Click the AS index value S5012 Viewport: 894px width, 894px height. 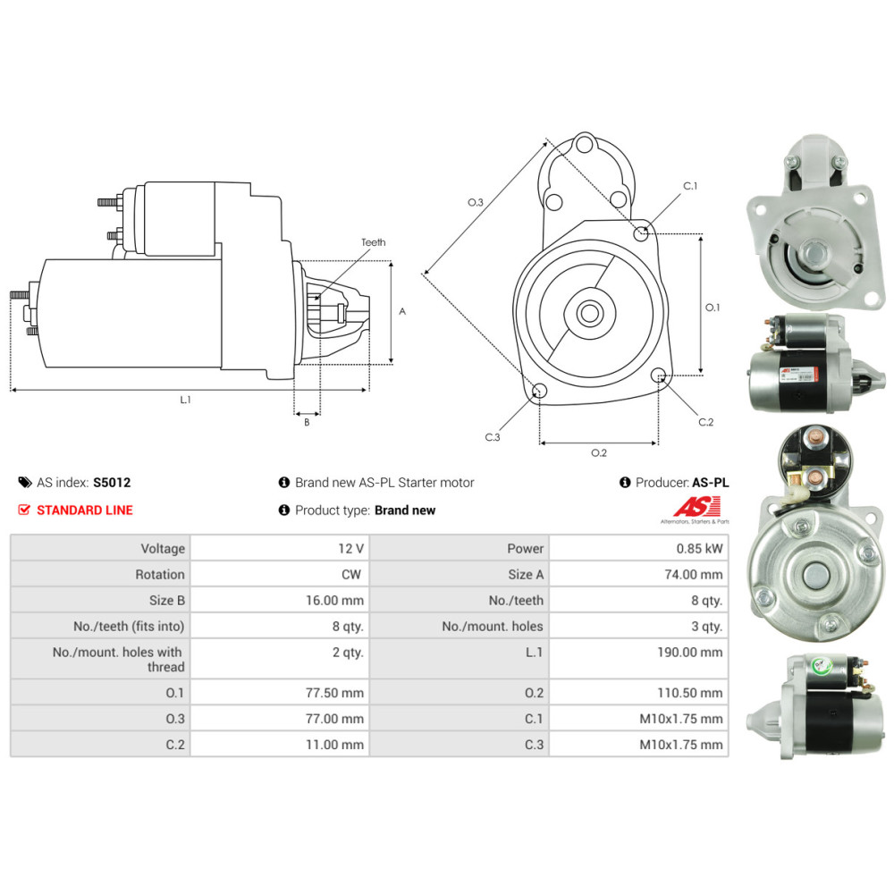click(x=112, y=483)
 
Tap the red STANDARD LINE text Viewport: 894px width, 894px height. click(x=84, y=510)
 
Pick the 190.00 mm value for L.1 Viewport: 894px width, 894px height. click(x=689, y=653)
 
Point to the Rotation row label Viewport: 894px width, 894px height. click(x=160, y=574)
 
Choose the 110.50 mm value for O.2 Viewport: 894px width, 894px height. click(x=689, y=693)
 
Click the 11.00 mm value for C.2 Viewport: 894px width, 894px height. click(x=334, y=745)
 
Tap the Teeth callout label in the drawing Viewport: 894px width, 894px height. click(x=374, y=242)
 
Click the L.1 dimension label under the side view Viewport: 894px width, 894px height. click(x=185, y=400)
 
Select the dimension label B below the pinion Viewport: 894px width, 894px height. click(x=307, y=423)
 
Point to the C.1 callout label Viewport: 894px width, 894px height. click(x=690, y=186)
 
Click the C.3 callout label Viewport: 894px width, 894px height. click(x=492, y=437)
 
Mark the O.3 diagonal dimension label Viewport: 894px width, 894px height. click(x=475, y=202)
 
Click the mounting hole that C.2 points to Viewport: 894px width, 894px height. click(x=659, y=375)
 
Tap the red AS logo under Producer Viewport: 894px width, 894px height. click(x=696, y=506)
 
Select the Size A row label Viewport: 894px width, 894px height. click(x=526, y=574)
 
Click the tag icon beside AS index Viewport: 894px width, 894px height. click(x=25, y=483)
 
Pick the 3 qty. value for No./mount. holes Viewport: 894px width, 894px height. click(x=706, y=626)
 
